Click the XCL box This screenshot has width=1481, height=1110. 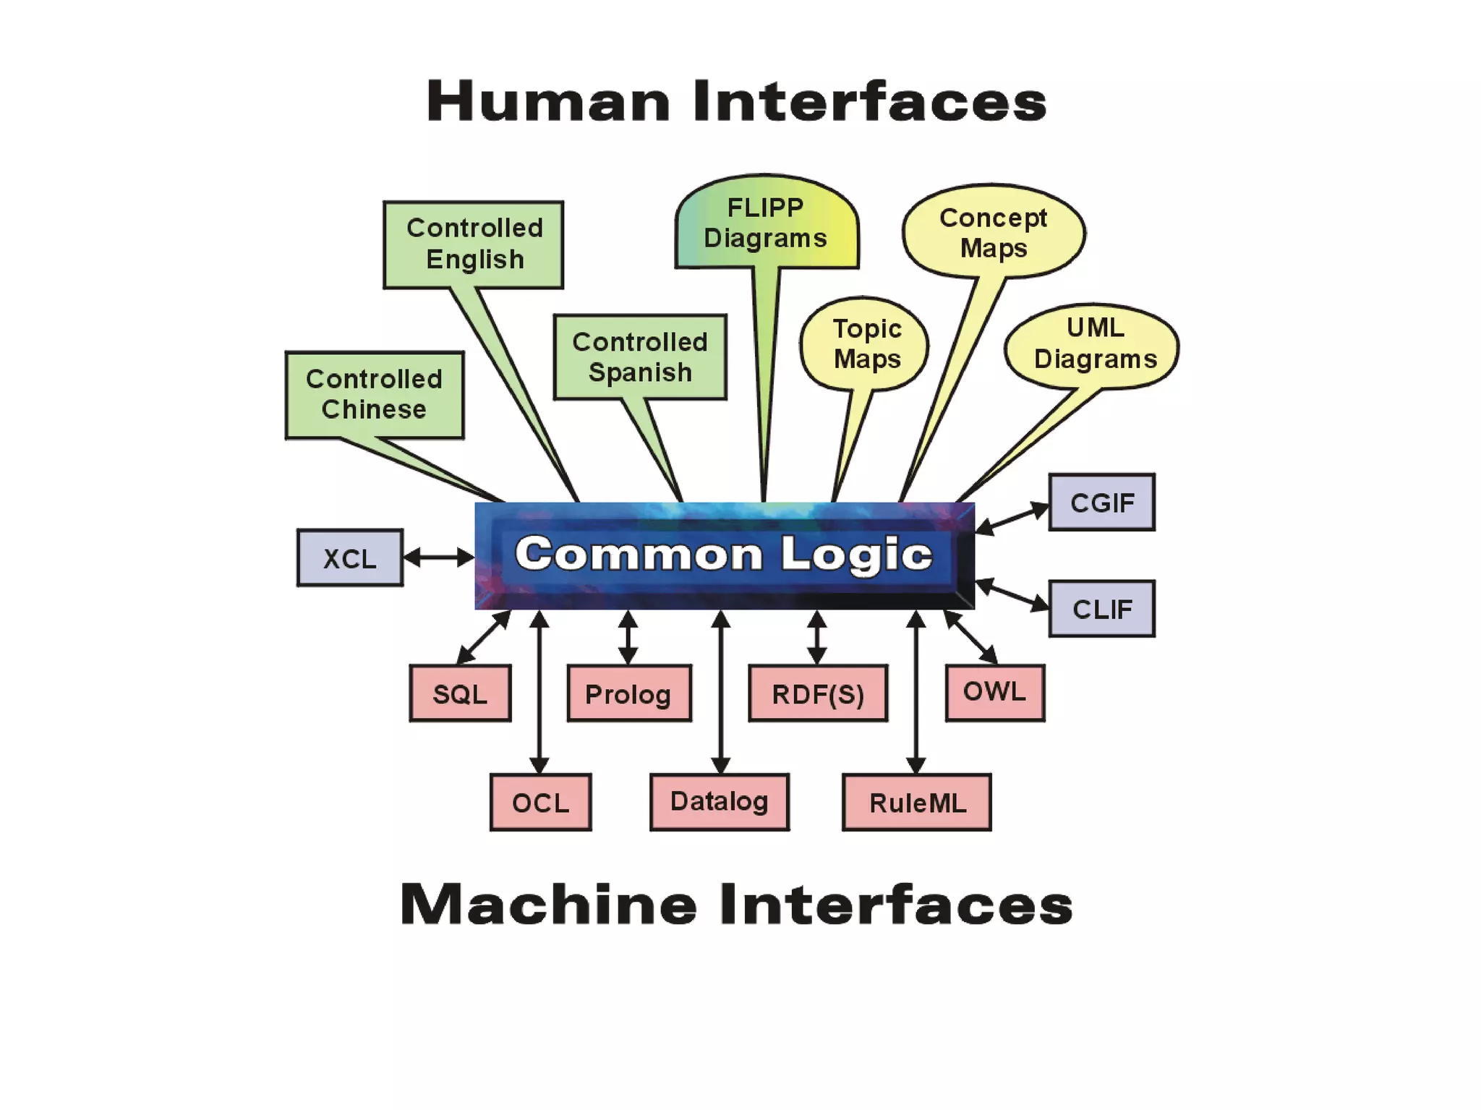coord(350,558)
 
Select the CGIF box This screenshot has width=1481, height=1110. coord(1101,503)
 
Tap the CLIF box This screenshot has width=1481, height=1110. coord(1101,609)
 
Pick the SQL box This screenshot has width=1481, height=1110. coord(460,693)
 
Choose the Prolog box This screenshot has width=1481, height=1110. coord(628,693)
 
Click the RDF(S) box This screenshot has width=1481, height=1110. coord(818,693)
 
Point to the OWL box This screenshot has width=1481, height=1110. coord(995,692)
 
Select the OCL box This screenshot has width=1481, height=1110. coord(540,802)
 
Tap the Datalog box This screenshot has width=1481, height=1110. coord(720,801)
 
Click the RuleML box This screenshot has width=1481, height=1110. coord(917,802)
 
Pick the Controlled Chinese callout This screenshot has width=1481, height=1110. coord(375,395)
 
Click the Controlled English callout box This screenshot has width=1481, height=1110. coord(474,244)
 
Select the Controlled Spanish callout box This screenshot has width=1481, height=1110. coord(640,357)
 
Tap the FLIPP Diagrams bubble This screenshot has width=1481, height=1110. coord(766,223)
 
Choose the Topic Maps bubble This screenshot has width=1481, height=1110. coord(866,344)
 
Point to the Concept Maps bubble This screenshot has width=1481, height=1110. coord(994,231)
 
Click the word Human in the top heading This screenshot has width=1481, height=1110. coord(548,101)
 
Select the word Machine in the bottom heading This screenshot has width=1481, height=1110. coord(548,904)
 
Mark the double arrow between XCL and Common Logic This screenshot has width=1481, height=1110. coord(438,558)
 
